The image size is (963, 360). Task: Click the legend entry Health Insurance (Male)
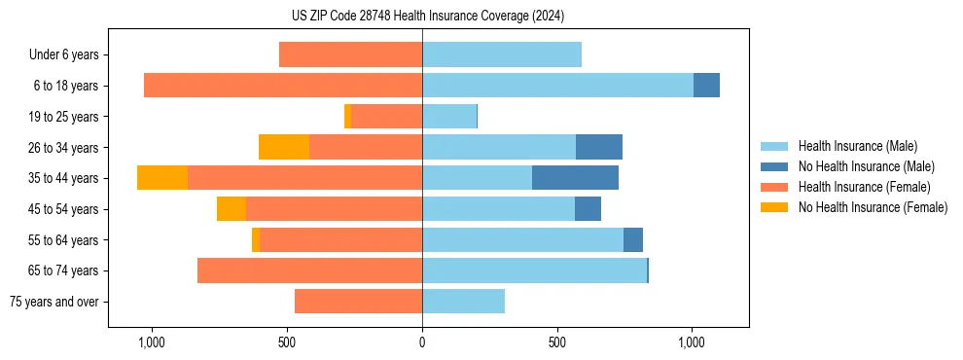click(x=857, y=146)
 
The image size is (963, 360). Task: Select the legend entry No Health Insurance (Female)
click(x=873, y=207)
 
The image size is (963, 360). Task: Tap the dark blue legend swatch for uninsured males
click(x=774, y=166)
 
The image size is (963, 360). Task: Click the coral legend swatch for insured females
click(x=774, y=187)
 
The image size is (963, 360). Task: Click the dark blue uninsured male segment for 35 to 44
click(x=575, y=178)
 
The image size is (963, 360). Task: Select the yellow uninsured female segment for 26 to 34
click(x=284, y=147)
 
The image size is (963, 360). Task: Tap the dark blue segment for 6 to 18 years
click(x=706, y=86)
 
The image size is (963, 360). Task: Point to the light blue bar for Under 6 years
click(x=502, y=54)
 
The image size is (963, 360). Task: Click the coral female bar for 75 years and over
click(x=358, y=302)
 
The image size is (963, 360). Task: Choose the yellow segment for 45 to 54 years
click(x=232, y=209)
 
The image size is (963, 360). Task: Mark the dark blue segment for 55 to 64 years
click(x=633, y=239)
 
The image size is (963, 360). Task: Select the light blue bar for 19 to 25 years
click(x=449, y=117)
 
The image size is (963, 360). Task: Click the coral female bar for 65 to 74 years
click(x=309, y=270)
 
